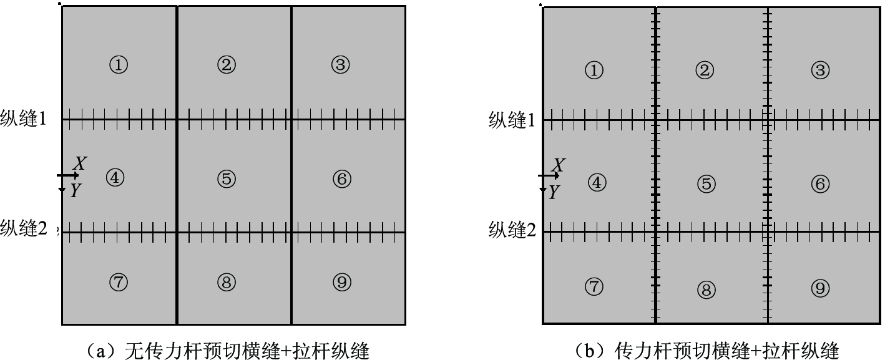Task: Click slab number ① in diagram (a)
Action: click(x=119, y=64)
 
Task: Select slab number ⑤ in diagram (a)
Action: click(x=227, y=179)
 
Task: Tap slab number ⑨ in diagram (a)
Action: click(x=340, y=283)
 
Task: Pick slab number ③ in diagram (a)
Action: click(x=340, y=64)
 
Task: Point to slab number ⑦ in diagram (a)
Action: click(x=119, y=283)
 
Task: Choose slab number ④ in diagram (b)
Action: click(x=597, y=183)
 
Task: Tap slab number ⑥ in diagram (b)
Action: click(x=820, y=184)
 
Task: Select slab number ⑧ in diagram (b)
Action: click(x=705, y=289)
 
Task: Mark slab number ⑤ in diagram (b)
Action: click(x=706, y=184)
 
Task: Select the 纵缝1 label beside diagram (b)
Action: click(x=512, y=120)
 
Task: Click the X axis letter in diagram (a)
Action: click(x=80, y=164)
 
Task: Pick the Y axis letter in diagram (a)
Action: click(x=76, y=192)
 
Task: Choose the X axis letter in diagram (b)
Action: click(x=559, y=165)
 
